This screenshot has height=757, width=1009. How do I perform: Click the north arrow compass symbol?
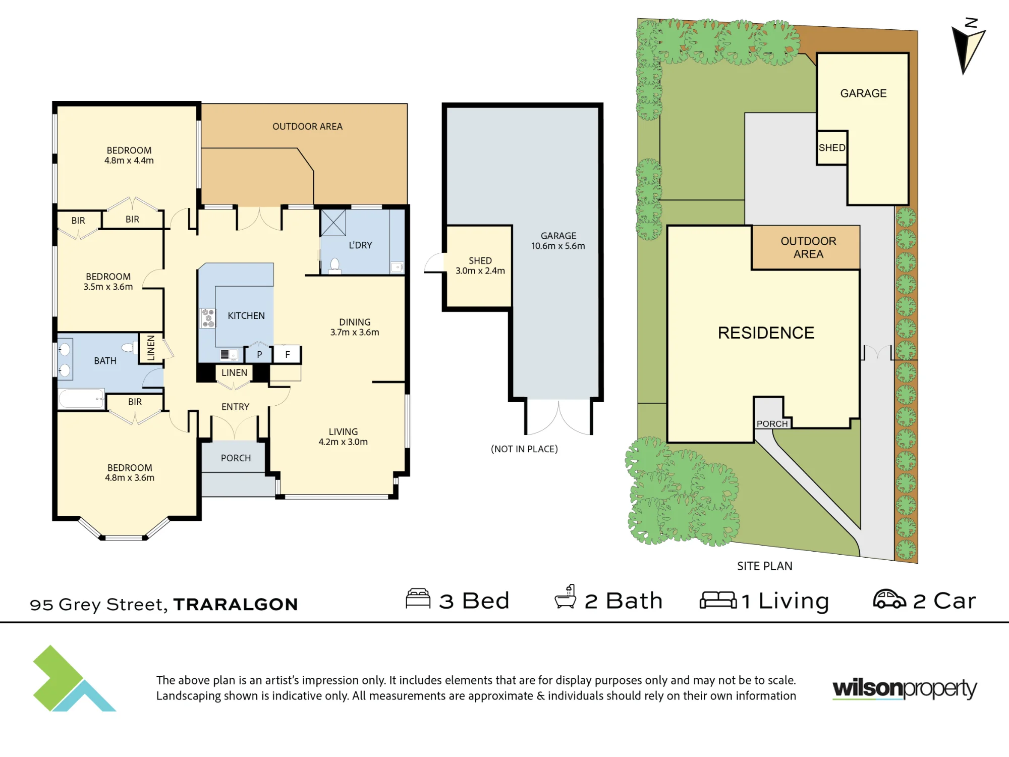[968, 46]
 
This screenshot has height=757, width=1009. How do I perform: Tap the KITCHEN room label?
[246, 316]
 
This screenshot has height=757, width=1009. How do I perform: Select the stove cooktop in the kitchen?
[208, 318]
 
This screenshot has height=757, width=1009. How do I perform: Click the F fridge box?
[288, 354]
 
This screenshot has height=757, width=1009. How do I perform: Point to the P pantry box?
[259, 354]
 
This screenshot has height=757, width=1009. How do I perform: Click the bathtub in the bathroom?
[81, 399]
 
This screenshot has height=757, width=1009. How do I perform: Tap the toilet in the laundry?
[334, 265]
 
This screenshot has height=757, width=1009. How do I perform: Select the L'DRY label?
[360, 245]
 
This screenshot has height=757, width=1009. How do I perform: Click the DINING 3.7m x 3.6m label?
[355, 327]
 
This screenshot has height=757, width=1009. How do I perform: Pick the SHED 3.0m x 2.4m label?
[480, 265]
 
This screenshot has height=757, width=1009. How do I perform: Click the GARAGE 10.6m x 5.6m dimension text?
[558, 246]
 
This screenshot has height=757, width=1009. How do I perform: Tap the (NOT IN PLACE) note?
[524, 449]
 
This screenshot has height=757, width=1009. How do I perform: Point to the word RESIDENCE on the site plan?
[766, 333]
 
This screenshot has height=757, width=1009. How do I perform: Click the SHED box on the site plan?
[832, 148]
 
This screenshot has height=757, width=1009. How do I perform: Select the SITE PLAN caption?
[765, 566]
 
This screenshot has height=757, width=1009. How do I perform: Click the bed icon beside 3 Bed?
[418, 599]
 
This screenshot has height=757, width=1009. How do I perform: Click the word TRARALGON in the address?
[236, 604]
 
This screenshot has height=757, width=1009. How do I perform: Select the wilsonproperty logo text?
[905, 689]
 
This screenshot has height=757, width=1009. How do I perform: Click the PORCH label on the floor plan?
[236, 458]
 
